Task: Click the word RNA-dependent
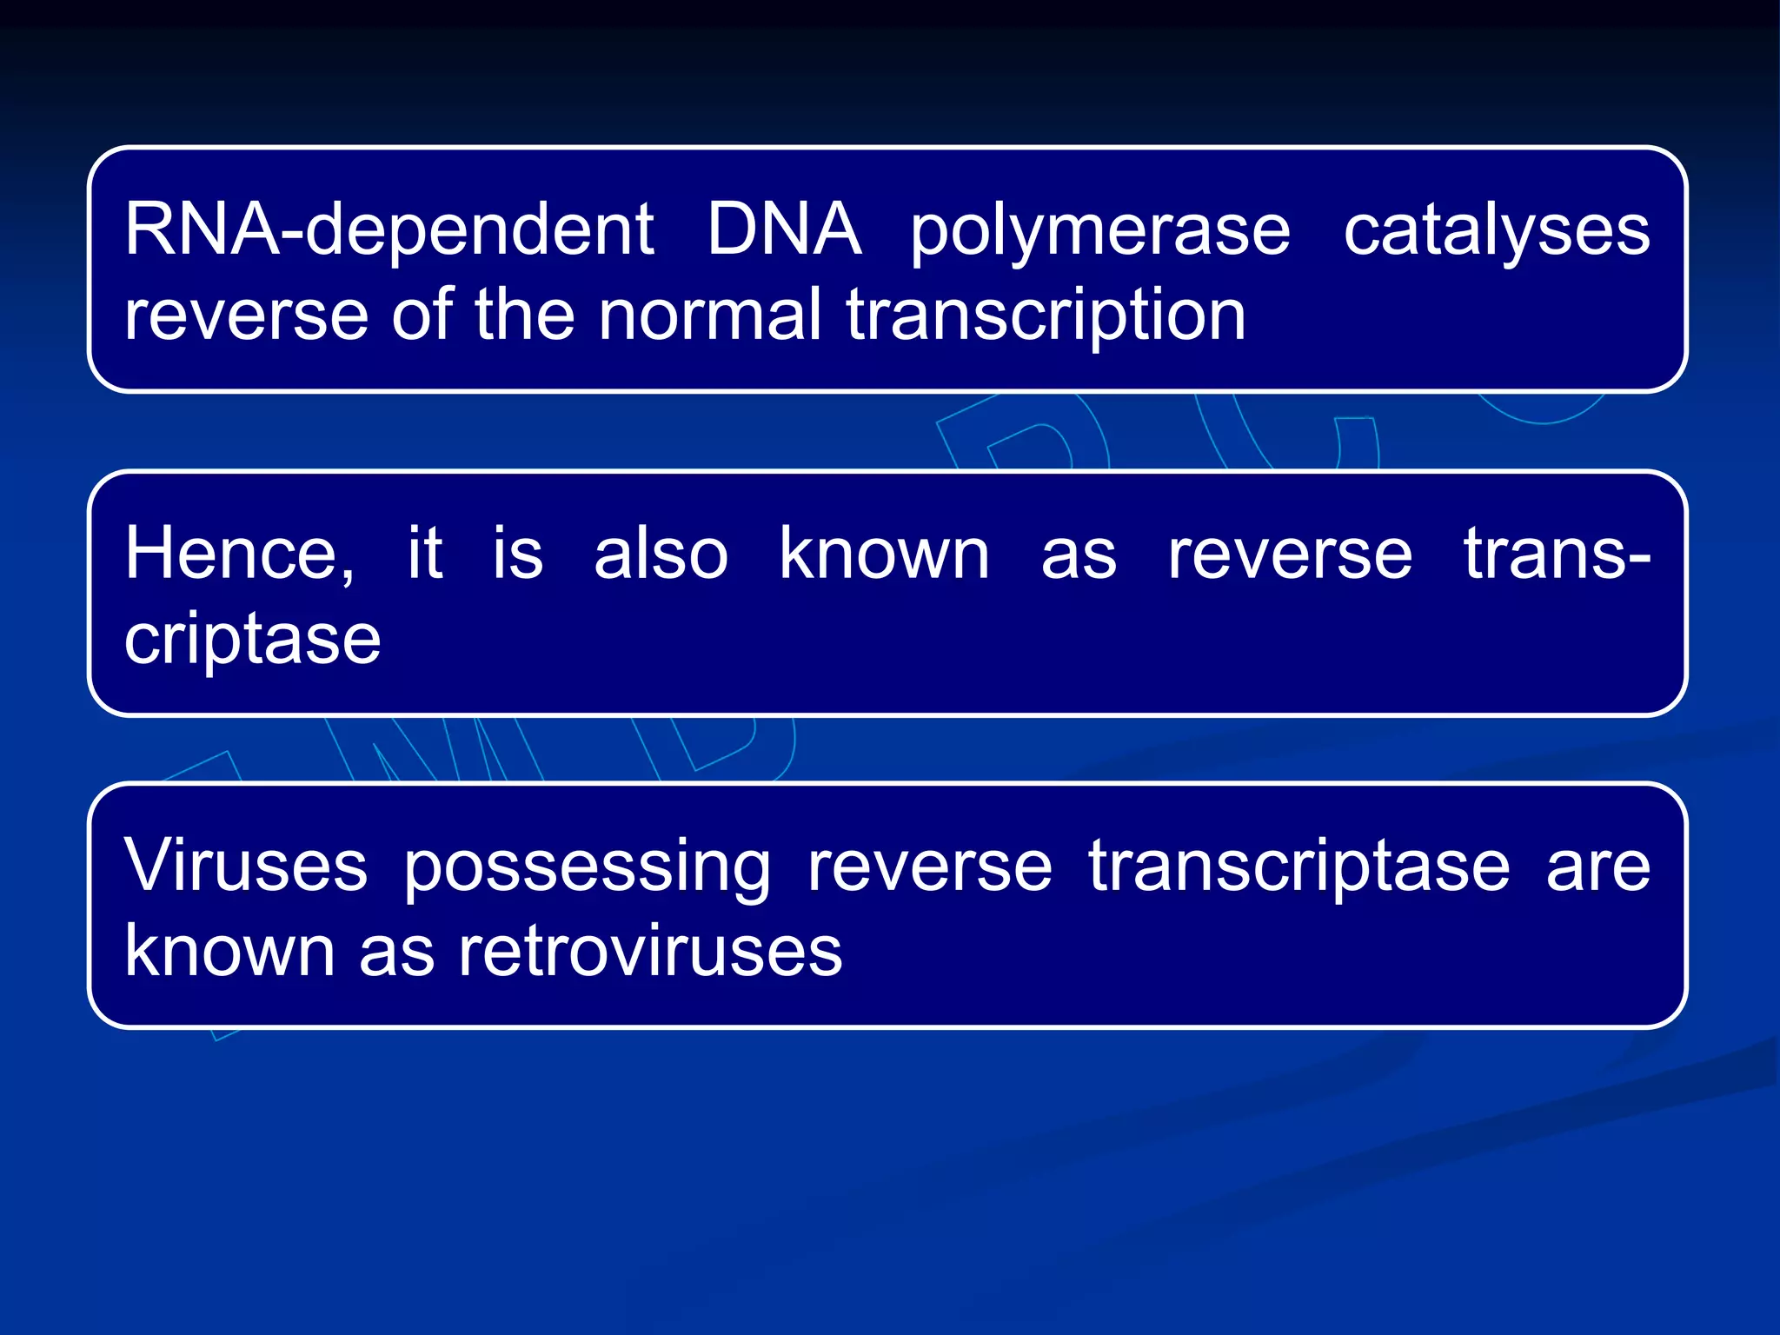389,230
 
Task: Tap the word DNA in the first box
783,229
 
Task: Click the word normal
709,315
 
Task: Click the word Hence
239,555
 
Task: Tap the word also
661,554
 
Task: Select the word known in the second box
884,554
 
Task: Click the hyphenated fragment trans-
1556,554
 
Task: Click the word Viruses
246,866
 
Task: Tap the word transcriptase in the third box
1299,867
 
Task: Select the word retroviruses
650,952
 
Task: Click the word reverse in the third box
929,867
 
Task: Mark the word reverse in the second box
1290,554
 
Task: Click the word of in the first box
422,315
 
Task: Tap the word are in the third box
1597,867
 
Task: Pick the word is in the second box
517,554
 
